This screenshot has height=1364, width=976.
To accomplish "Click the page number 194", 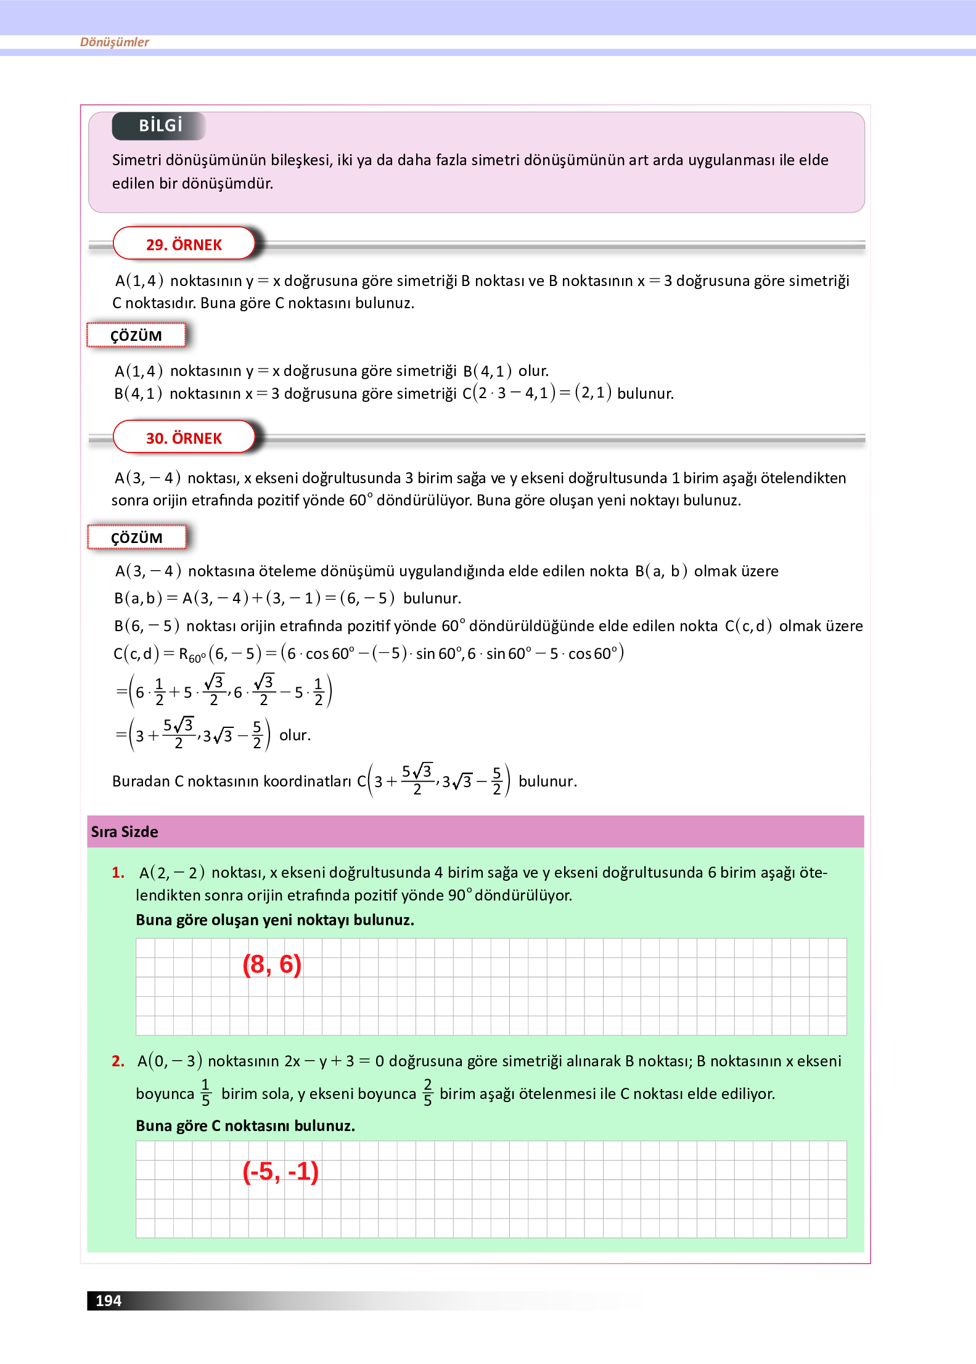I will click(109, 1301).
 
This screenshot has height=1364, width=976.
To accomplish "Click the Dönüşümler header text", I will click(115, 42).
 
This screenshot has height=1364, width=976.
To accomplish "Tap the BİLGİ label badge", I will click(160, 126).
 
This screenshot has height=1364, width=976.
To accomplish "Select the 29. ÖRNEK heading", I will click(184, 245).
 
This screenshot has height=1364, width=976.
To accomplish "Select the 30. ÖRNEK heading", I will click(184, 438).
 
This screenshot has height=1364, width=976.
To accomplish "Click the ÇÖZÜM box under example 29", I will click(136, 336).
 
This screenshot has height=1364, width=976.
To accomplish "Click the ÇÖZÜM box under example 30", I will click(136, 538).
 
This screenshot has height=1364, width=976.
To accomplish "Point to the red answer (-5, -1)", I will click(281, 1172).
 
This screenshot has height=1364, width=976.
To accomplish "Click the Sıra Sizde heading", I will click(125, 832).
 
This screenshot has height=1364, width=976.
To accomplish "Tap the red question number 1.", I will click(118, 873).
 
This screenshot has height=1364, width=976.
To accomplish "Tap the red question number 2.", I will click(118, 1061).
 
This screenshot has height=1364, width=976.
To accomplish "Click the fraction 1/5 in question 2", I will click(206, 1093).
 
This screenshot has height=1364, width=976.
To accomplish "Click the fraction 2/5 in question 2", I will click(428, 1093).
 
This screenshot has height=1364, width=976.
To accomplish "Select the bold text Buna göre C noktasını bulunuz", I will click(245, 1126).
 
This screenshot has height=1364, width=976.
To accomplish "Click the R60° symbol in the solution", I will click(192, 655).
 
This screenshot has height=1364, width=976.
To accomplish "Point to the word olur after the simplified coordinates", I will click(295, 735).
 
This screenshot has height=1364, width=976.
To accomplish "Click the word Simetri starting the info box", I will click(136, 160).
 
